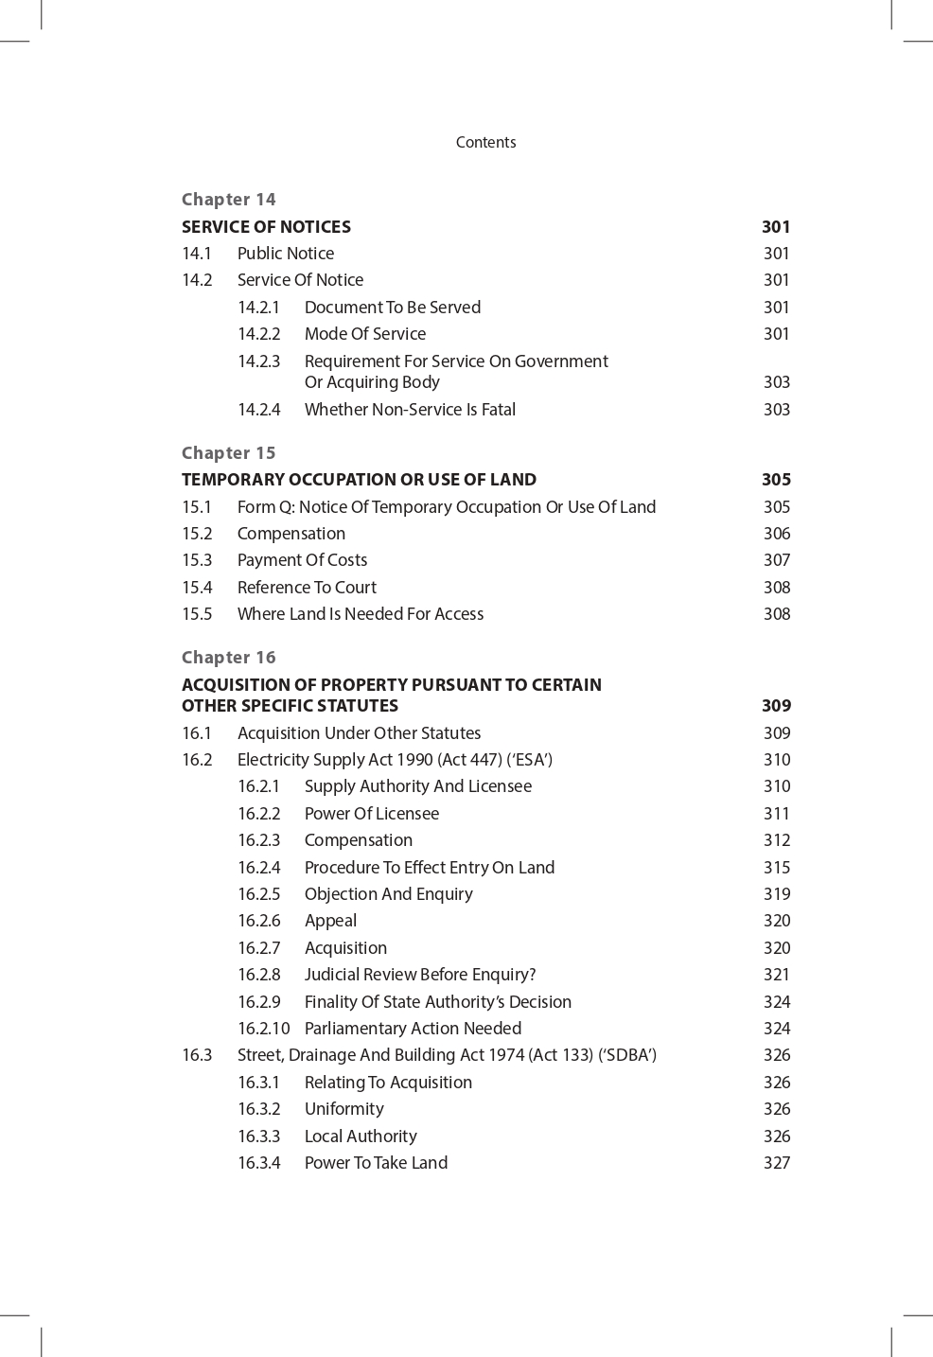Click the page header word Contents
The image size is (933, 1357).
[x=485, y=142]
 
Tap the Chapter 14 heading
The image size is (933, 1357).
[x=228, y=199]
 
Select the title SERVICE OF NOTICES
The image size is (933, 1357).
[x=266, y=226]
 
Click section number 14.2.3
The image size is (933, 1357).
[x=258, y=361]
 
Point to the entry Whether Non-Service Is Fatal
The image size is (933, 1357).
[x=410, y=409]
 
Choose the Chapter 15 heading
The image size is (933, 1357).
[x=228, y=452]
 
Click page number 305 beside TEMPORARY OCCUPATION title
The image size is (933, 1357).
[x=776, y=479]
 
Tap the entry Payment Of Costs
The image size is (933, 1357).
[x=302, y=559]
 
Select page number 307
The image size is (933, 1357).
[x=776, y=559]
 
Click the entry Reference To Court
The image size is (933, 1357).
[x=307, y=587]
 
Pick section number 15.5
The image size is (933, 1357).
[x=197, y=613]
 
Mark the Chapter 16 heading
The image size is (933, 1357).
[x=228, y=657]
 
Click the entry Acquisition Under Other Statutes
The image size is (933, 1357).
[x=359, y=732]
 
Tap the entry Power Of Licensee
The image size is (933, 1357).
[x=371, y=813]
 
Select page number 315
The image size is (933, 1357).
[x=776, y=867]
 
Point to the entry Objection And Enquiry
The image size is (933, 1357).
[x=388, y=893]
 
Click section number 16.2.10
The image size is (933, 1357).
[x=263, y=1028]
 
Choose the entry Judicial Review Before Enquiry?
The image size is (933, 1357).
[x=419, y=974]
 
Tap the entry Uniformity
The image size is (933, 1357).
[x=343, y=1108]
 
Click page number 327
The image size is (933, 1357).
[x=776, y=1162]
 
